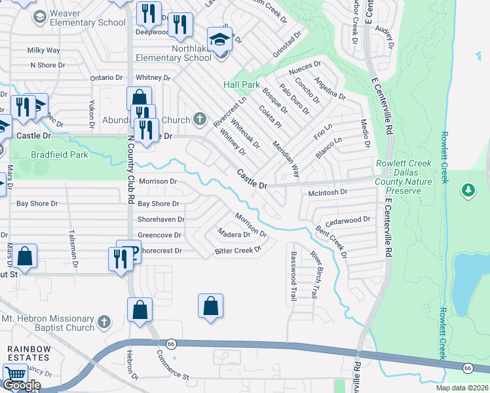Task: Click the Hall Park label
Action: pyautogui.click(x=242, y=84)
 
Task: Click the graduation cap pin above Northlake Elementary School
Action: pyautogui.click(x=220, y=39)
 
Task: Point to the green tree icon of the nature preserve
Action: pyautogui.click(x=468, y=191)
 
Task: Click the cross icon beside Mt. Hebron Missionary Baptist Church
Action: pyautogui.click(x=104, y=321)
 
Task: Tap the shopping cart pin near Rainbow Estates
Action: pyautogui.click(x=15, y=375)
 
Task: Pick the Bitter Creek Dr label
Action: pyautogui.click(x=238, y=250)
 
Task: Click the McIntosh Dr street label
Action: pyautogui.click(x=327, y=193)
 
